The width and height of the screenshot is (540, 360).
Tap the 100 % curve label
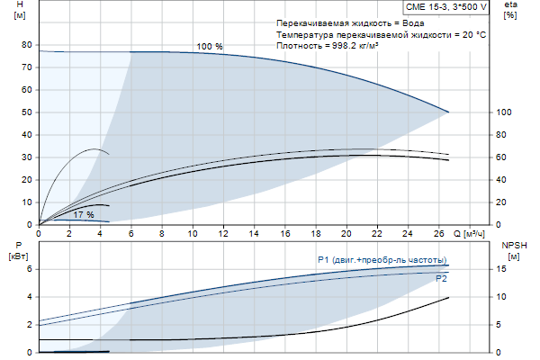click(210, 46)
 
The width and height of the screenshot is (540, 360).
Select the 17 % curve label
click(84, 215)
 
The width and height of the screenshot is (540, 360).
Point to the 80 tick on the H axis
click(26, 45)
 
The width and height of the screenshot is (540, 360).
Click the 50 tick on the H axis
click(26, 112)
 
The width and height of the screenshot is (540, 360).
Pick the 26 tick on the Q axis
click(441, 233)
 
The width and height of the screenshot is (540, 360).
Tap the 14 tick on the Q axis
click(256, 233)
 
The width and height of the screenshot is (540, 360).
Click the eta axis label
click(510, 5)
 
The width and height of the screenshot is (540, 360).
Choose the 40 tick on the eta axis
click(501, 180)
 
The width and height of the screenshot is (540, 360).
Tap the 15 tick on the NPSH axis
click(501, 268)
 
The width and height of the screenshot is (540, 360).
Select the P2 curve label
click(441, 279)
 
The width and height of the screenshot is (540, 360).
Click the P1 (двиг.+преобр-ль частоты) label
click(382, 260)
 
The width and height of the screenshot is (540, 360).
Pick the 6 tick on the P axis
click(29, 268)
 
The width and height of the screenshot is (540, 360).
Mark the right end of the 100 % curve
click(448, 112)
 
